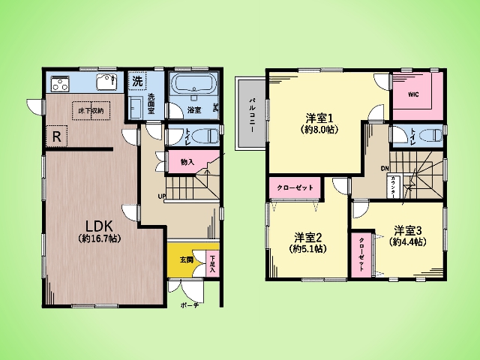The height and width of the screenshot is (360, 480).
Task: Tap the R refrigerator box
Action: click(x=56, y=136)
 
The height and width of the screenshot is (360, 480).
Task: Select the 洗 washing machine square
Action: click(x=137, y=80)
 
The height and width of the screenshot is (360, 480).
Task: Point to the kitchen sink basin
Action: click(x=105, y=82)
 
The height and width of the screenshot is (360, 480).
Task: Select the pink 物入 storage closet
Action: click(x=187, y=161)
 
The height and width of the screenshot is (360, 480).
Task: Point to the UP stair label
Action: click(x=161, y=197)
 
